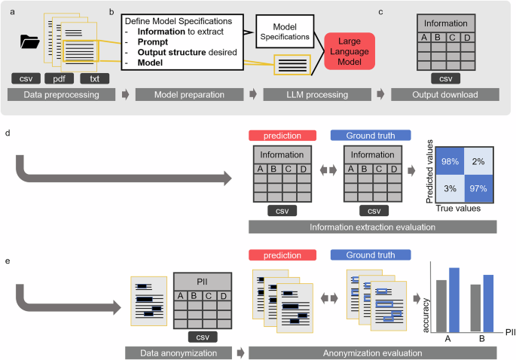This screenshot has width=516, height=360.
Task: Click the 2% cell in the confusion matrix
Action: pyautogui.click(x=477, y=160)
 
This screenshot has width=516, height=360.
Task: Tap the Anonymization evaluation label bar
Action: pyautogui.click(x=372, y=351)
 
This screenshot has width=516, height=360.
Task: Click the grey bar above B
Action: pyautogui.click(x=475, y=307)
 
